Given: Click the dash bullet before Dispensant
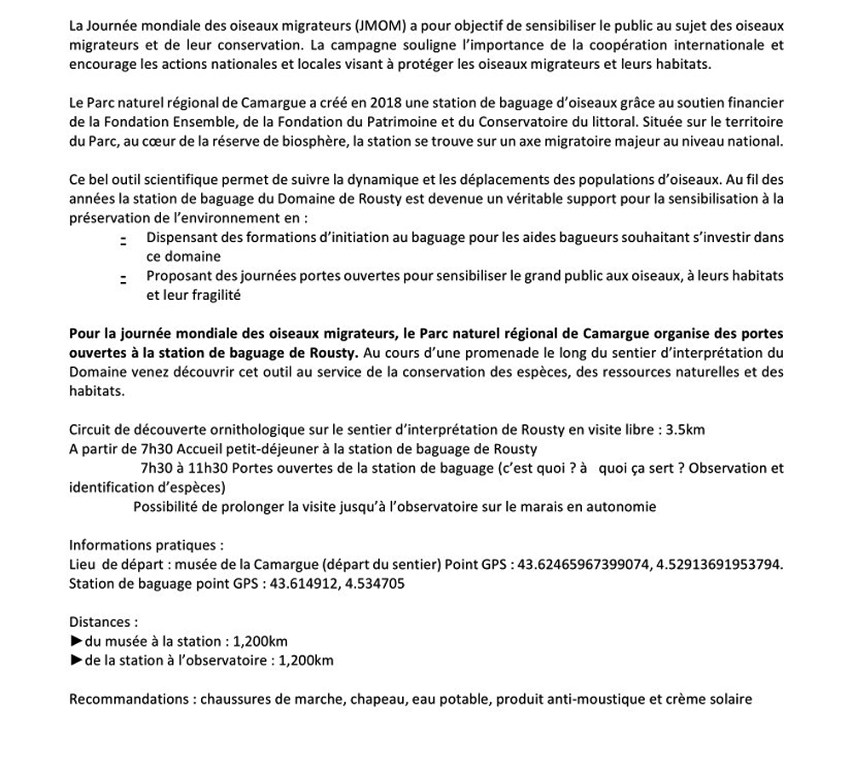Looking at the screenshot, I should pyautogui.click(x=124, y=240).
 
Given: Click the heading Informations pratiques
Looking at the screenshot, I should pyautogui.click(x=147, y=544).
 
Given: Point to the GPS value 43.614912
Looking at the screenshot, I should pyautogui.click(x=303, y=583).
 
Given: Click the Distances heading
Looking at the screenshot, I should pyautogui.click(x=103, y=622).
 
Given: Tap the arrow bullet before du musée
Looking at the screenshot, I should pyautogui.click(x=77, y=642).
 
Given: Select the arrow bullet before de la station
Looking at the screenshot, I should pyautogui.click(x=77, y=660).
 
